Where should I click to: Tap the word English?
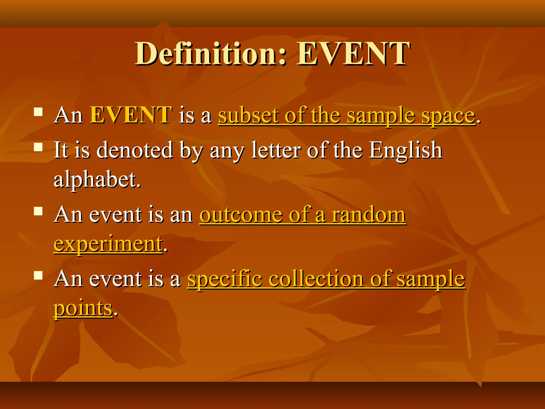pos(406,151)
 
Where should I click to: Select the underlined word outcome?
pos(241,215)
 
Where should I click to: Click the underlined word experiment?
pos(108,244)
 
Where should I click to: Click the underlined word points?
pos(83,309)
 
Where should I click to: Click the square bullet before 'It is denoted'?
pos(39,147)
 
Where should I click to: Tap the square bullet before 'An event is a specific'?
pos(39,275)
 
